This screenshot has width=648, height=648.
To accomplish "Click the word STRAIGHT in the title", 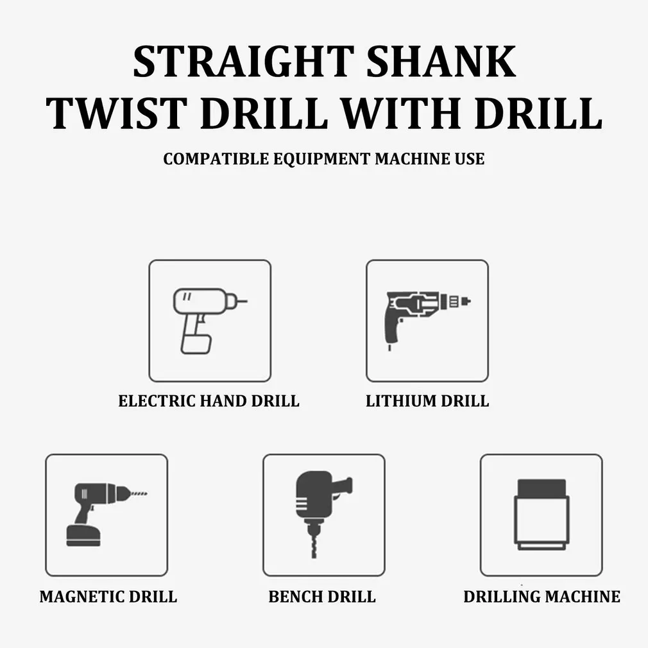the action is [x=244, y=62].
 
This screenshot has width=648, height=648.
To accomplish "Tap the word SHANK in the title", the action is [x=441, y=62].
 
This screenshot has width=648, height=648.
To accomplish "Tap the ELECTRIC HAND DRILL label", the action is [x=209, y=401].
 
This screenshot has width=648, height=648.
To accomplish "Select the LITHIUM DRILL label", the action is [x=427, y=401].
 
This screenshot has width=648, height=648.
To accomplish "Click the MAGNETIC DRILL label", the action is [x=108, y=596].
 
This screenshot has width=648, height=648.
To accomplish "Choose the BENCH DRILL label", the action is [x=322, y=596].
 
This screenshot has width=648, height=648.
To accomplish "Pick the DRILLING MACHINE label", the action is [x=541, y=596].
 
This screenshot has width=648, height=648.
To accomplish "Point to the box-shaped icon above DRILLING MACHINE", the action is [x=541, y=515].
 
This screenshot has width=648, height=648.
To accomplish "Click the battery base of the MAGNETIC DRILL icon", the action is [x=83, y=536].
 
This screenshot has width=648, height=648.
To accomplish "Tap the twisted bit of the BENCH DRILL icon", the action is [x=314, y=545].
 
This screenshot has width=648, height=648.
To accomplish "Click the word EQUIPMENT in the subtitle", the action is [x=322, y=158].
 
